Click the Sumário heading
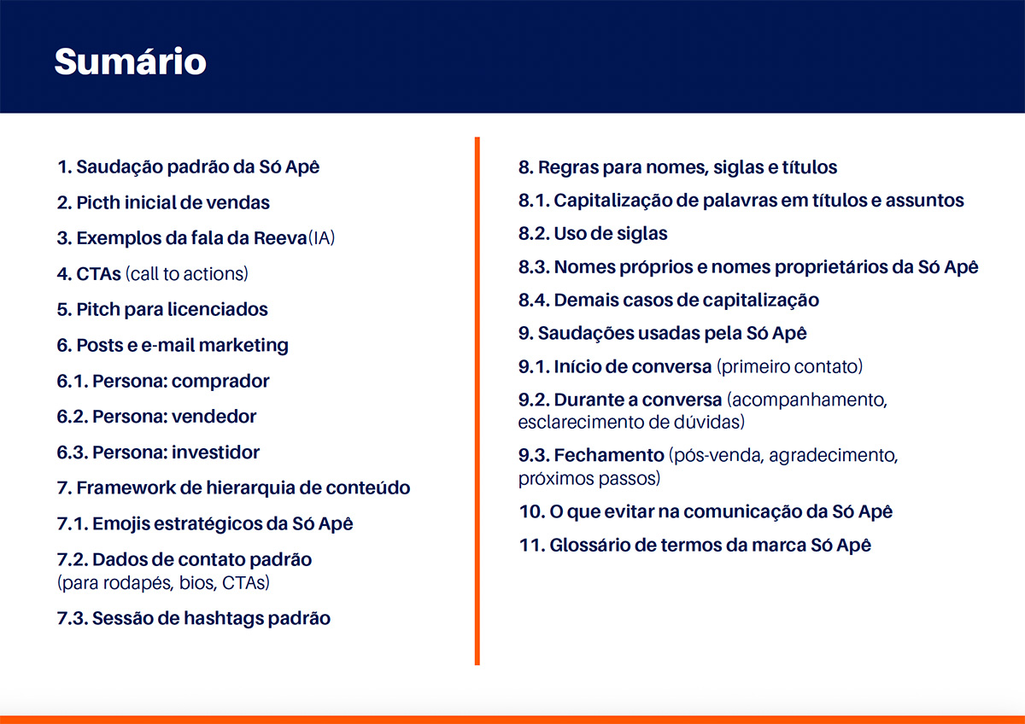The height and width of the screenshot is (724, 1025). coord(131,61)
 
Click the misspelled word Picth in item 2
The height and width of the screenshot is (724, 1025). coord(98,202)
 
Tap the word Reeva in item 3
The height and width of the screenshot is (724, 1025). coord(280,238)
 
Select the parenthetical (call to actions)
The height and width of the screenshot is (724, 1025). coord(187,274)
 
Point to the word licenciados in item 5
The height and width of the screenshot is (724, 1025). coord(217,310)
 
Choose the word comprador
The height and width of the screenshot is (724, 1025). coord(220,382)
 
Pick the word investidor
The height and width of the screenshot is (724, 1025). coord(215,452)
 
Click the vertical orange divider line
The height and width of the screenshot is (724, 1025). coord(477,400)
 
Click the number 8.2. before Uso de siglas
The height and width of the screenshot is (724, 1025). coord(534,234)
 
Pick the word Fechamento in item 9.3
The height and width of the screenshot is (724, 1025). coord(609,456)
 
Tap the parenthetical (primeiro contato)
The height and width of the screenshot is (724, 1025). coord(789,367)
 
